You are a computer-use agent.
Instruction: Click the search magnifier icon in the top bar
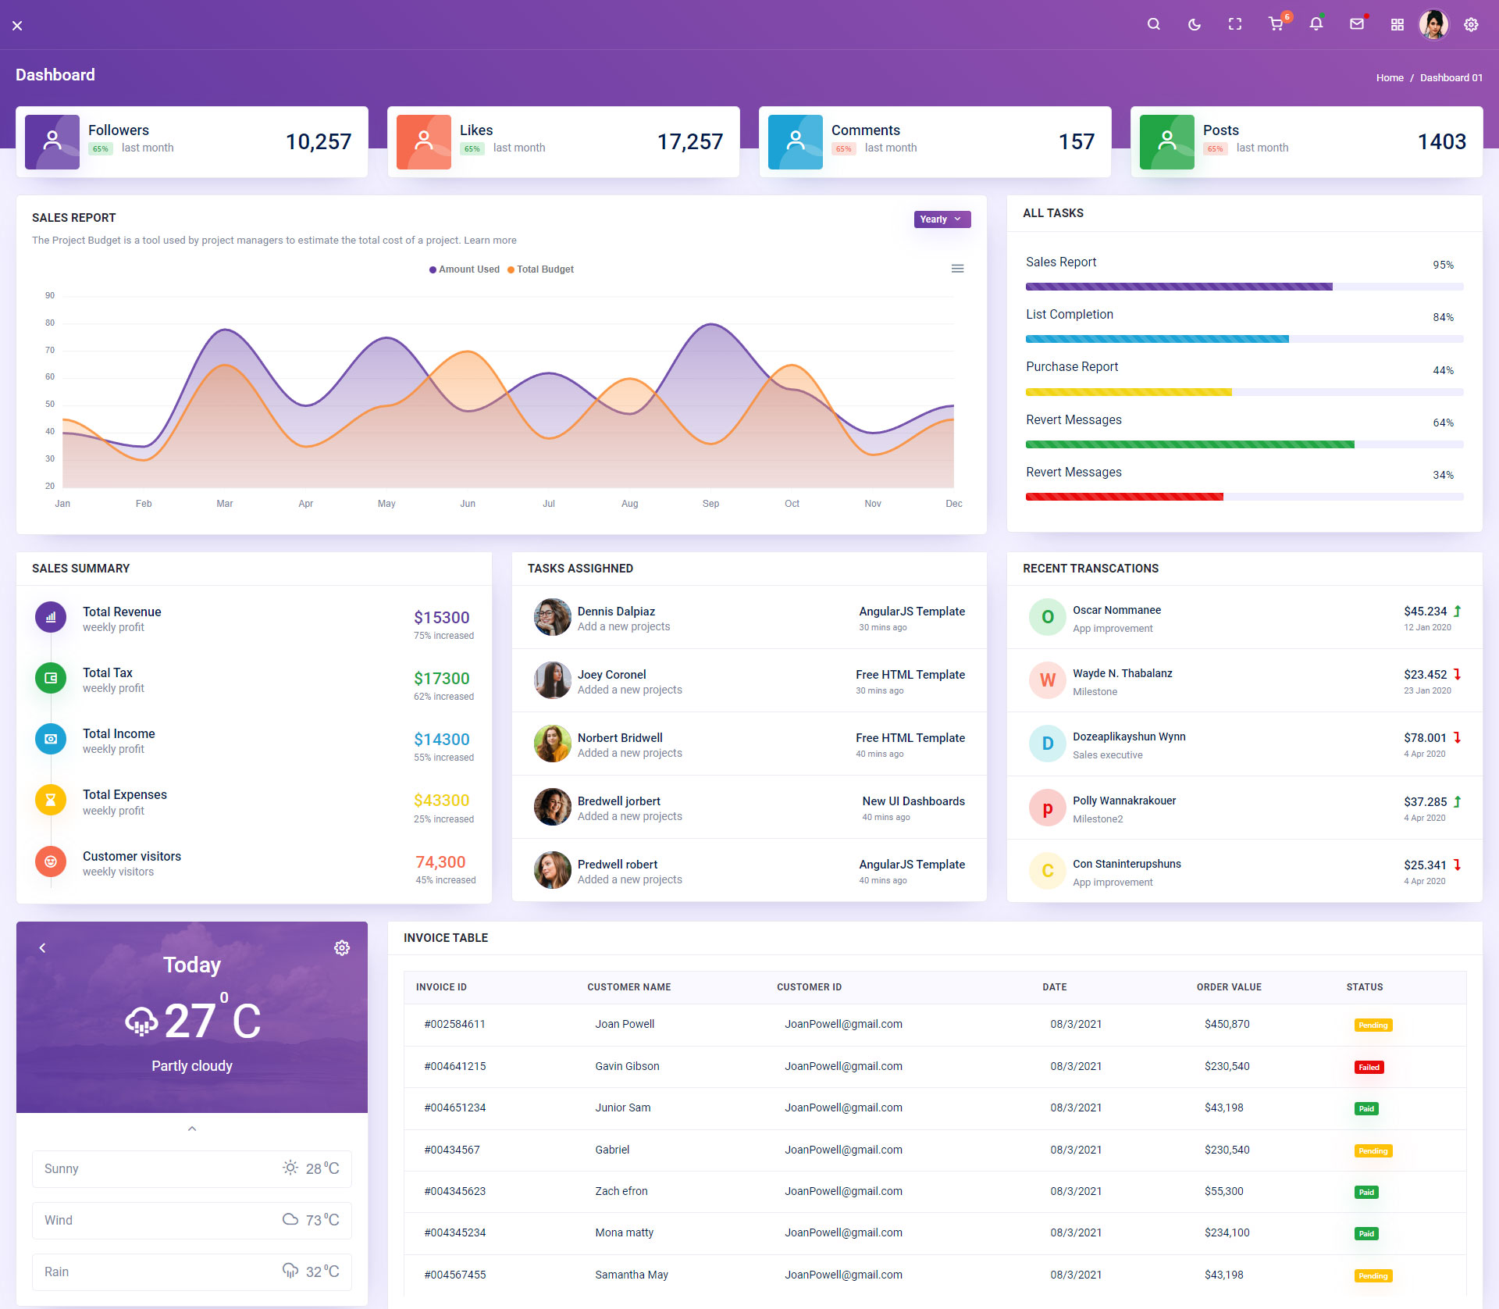(x=1153, y=24)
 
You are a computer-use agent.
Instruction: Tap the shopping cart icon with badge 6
(x=1276, y=24)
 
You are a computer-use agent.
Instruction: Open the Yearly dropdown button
(x=942, y=219)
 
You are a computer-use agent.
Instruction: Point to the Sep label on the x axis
(x=710, y=504)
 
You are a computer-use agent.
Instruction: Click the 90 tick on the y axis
(x=50, y=295)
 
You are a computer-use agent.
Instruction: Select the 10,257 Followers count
(x=318, y=141)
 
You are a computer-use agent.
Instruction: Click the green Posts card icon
(x=1166, y=141)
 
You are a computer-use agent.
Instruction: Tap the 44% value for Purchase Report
(x=1443, y=370)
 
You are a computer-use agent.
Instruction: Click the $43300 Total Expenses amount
(x=441, y=801)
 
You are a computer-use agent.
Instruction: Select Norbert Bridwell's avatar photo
(x=552, y=744)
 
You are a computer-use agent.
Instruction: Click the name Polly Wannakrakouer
(x=1123, y=801)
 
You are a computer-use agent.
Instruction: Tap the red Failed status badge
(x=1369, y=1068)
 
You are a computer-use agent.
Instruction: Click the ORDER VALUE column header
(x=1229, y=987)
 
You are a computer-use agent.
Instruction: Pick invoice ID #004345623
(x=454, y=1191)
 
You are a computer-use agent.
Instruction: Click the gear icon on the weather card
(x=342, y=948)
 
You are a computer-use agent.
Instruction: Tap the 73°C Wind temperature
(x=322, y=1220)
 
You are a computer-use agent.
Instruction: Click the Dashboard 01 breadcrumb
(x=1451, y=78)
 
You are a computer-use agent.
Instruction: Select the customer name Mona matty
(x=624, y=1232)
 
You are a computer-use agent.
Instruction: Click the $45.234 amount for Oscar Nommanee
(x=1425, y=612)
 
